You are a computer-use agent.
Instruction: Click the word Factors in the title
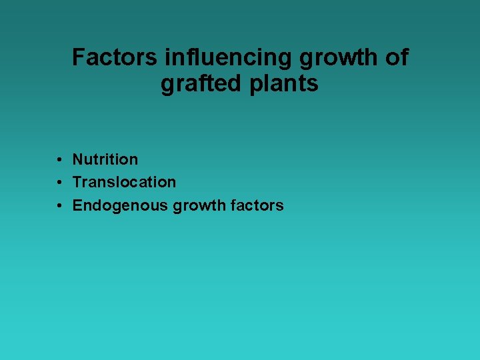115,58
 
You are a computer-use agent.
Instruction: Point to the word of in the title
397,58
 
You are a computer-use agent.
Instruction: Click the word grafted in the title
199,85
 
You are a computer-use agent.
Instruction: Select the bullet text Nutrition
105,159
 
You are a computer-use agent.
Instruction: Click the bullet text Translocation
124,182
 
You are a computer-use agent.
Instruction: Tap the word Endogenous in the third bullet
120,205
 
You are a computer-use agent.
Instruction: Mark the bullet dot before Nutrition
59,160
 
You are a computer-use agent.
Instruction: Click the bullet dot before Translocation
59,183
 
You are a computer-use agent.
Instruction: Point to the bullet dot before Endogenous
59,206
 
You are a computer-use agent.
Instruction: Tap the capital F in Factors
79,58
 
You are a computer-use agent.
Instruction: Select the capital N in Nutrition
77,159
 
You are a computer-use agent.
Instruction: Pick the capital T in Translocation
77,182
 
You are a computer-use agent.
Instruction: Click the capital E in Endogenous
77,205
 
